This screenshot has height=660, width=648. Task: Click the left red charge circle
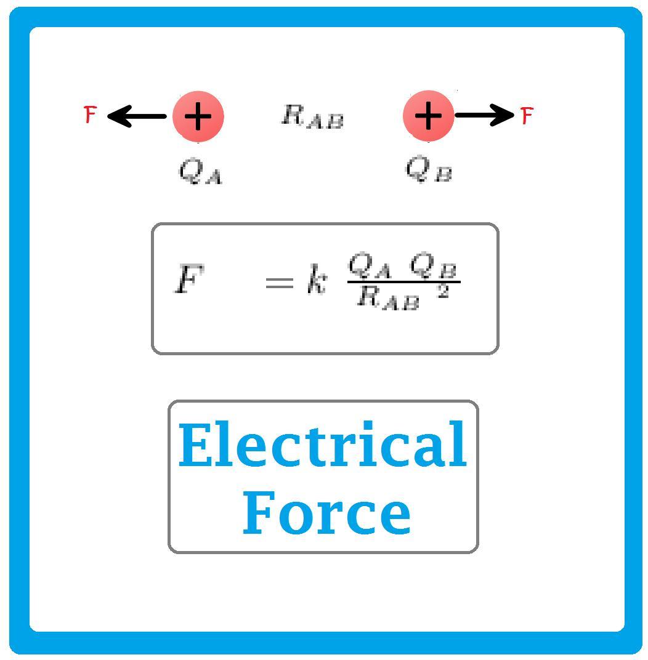198,116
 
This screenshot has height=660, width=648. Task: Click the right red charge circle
428,116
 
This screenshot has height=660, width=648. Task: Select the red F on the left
91,115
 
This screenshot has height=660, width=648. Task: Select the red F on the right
527,115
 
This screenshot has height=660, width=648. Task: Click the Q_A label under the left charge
200,171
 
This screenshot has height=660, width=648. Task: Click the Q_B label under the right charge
429,169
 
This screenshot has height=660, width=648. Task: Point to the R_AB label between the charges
312,116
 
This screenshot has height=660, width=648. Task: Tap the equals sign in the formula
278,283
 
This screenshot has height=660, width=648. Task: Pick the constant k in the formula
316,283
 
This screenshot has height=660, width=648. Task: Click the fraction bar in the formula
403,282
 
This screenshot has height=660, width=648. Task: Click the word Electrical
322,445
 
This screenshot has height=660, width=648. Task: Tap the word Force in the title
326,512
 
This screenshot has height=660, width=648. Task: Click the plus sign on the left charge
198,116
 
